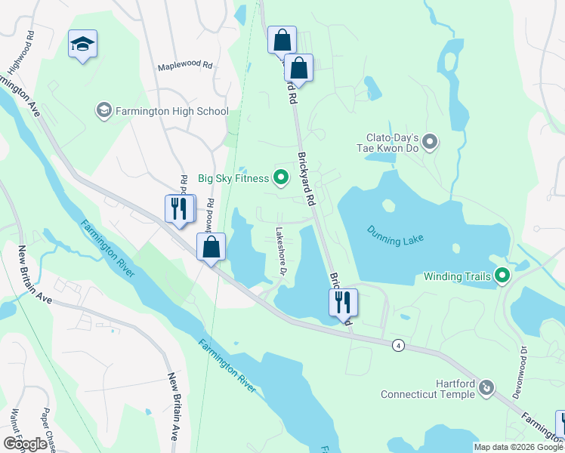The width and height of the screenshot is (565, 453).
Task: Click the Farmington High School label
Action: (171, 111)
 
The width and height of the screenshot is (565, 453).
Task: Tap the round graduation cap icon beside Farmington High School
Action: (103, 111)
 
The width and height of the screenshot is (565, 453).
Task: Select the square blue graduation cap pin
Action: (82, 44)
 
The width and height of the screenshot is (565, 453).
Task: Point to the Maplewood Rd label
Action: (185, 66)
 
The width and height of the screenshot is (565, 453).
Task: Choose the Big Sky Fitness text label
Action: (233, 178)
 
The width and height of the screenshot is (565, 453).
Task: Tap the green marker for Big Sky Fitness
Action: (281, 178)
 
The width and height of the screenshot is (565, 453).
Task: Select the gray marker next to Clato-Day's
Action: (430, 141)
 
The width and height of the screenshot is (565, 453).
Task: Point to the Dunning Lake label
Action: (396, 234)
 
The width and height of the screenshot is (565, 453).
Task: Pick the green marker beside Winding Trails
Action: (501, 276)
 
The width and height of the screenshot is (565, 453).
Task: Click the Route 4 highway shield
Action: (397, 345)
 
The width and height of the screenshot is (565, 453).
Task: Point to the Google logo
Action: (25, 443)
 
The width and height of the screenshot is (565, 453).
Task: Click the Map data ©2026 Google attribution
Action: (517, 447)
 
